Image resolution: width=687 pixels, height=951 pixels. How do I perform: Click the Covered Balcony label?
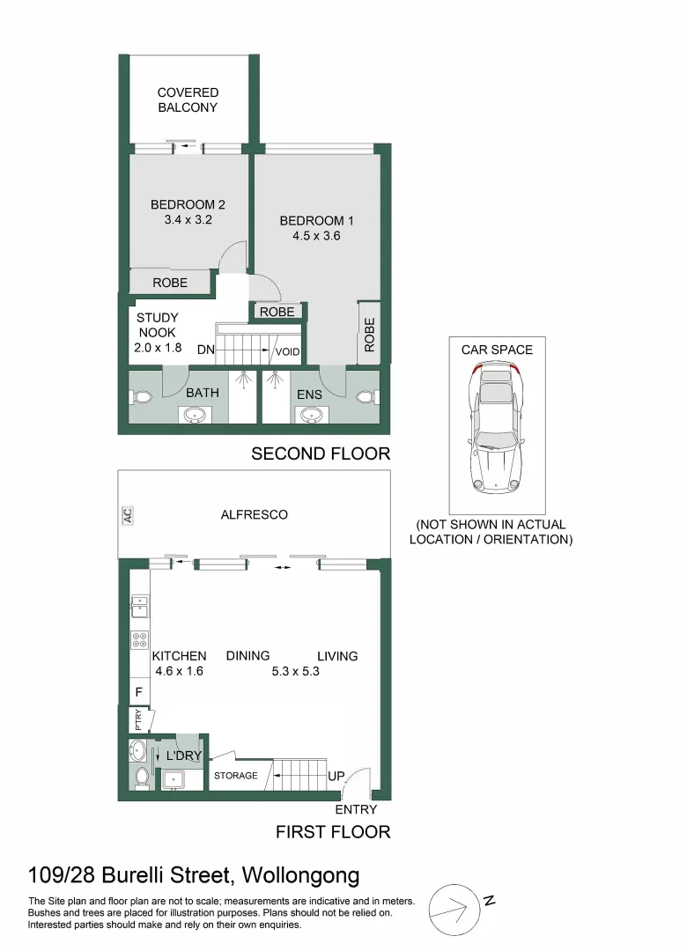[188, 100]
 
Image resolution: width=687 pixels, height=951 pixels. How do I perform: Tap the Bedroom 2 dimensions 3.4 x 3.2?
[188, 219]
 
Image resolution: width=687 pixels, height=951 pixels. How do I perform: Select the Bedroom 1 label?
[316, 221]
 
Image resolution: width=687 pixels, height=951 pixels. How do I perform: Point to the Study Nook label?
[157, 325]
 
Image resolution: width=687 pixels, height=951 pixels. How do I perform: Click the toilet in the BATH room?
[140, 398]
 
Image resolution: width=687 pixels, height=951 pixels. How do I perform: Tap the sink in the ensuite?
[311, 415]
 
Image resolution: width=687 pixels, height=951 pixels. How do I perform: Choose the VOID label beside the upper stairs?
[287, 351]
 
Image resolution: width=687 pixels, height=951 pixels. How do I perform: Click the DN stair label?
[206, 350]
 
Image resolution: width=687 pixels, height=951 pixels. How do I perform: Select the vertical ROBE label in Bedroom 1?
[370, 335]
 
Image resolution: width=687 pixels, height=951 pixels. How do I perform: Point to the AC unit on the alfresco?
[128, 515]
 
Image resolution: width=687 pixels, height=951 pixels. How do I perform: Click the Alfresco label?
[255, 515]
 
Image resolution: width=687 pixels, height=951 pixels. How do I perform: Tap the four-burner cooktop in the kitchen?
[139, 640]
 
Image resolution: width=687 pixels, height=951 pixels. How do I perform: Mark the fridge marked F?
[139, 691]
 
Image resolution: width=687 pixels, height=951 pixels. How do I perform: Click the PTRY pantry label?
[138, 719]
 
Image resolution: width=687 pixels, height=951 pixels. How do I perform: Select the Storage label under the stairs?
[236, 776]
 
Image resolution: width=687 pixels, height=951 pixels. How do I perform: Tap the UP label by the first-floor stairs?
[336, 777]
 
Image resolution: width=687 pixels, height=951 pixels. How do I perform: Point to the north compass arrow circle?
[454, 910]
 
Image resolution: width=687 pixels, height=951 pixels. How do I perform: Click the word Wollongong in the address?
[301, 876]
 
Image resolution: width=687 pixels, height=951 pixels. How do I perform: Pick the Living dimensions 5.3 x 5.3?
[295, 671]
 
